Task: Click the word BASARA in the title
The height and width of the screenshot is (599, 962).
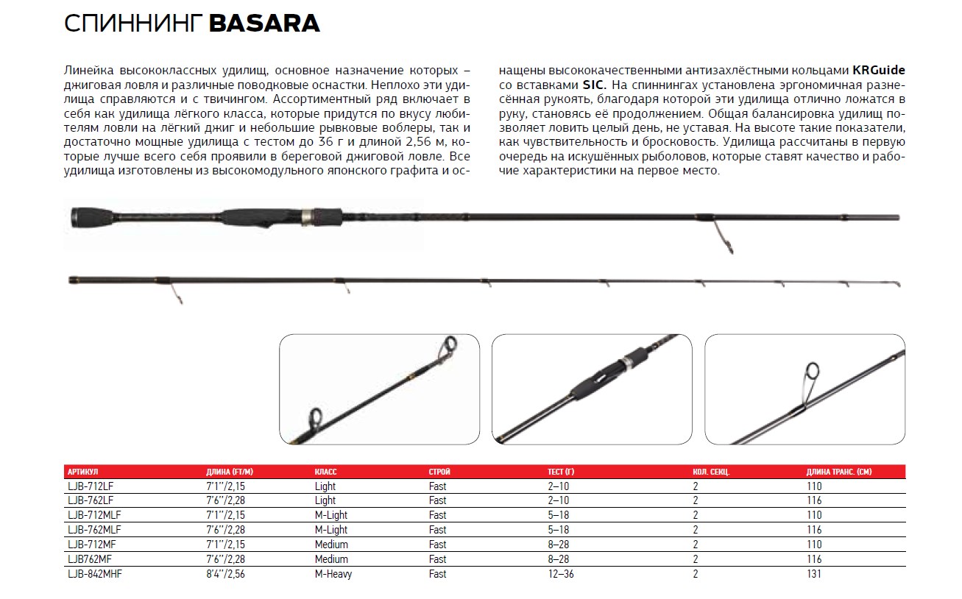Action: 264,24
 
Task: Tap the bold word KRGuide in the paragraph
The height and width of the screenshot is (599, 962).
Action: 878,71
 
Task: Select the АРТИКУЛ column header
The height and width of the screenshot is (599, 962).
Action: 82,472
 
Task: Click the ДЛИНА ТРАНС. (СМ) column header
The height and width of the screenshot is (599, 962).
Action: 839,472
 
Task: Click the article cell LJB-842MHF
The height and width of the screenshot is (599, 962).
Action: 93,574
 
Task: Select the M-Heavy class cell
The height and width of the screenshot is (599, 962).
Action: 333,574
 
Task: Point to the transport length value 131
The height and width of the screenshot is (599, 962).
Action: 814,574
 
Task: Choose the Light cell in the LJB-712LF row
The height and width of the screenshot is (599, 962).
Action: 325,486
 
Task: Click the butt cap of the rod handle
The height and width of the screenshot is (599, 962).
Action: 77,217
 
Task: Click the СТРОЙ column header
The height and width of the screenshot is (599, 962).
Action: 439,472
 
